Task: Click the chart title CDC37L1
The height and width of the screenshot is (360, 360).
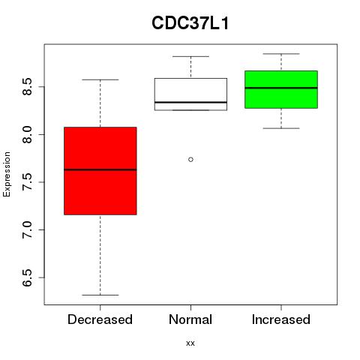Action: point(190,23)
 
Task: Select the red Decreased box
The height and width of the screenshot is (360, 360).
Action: point(100,171)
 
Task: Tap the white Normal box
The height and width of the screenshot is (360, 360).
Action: point(190,94)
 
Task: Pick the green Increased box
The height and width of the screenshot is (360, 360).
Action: point(281,89)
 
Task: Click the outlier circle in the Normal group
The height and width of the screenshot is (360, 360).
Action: point(190,160)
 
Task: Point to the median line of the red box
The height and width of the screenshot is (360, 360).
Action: point(100,169)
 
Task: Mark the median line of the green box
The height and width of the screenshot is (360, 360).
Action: point(281,88)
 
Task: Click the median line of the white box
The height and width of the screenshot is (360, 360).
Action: point(190,102)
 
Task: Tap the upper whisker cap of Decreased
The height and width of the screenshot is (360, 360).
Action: point(100,79)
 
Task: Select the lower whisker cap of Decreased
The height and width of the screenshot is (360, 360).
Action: point(100,295)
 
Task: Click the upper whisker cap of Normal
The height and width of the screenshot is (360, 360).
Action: point(190,56)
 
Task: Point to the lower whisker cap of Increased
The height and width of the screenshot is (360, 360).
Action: point(281,128)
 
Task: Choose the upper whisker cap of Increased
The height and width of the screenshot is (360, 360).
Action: point(281,54)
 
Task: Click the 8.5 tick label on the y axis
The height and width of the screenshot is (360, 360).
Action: point(27,87)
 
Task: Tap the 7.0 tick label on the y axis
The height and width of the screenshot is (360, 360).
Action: point(27,229)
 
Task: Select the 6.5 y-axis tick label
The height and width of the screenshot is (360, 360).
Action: point(27,277)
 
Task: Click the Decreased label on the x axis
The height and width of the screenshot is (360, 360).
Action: point(100,319)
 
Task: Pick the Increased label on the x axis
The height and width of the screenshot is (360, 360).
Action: point(281,319)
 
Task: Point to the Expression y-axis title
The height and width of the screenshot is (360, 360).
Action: point(7,174)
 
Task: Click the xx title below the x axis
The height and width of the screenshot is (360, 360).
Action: point(190,343)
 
